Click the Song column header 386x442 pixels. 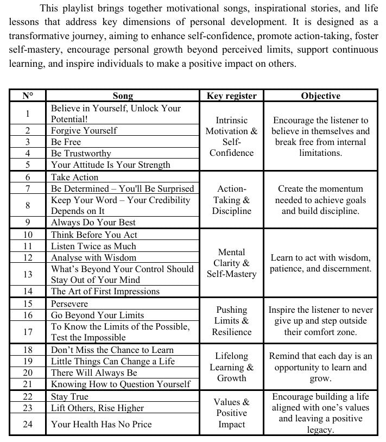click(123, 96)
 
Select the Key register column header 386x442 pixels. click(232, 96)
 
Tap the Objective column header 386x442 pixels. click(320, 96)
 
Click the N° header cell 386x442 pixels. click(28, 96)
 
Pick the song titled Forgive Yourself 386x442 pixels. click(84, 130)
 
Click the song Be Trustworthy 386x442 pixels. click(81, 153)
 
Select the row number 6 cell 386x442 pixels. click(28, 177)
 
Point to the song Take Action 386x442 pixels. click(75, 177)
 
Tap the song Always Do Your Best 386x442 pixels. click(93, 222)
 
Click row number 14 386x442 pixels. click(28, 291)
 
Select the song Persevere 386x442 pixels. click(69, 304)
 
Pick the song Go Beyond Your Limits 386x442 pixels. click(98, 315)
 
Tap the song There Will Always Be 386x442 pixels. click(94, 372)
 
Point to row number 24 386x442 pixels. click(28, 424)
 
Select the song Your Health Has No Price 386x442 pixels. click(102, 424)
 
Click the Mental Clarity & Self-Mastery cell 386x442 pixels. click(232, 263)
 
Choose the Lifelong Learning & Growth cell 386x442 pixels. click(232, 367)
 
